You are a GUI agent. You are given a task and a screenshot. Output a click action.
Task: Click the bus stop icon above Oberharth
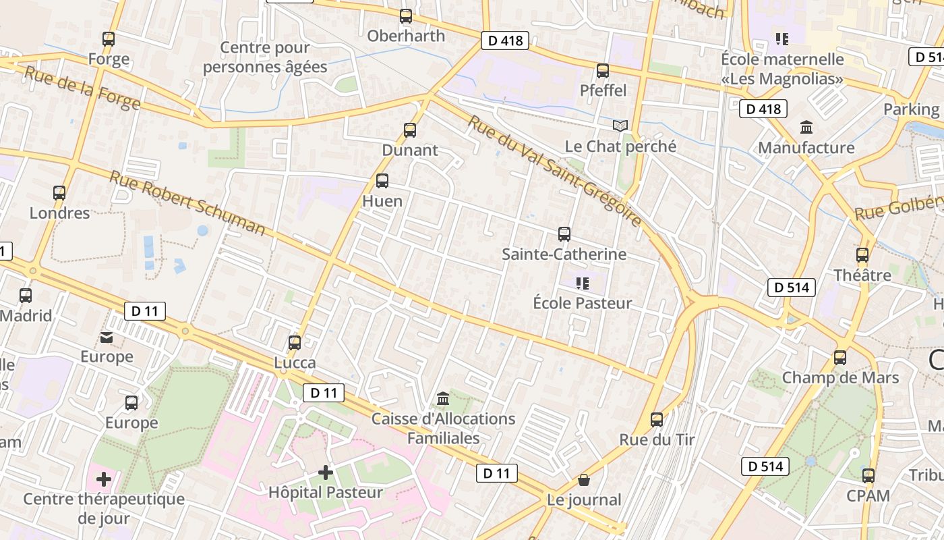406,16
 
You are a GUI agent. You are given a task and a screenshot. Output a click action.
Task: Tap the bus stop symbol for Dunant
410,130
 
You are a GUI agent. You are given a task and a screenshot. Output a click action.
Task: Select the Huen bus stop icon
382,181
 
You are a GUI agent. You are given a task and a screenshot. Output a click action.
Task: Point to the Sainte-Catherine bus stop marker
564,234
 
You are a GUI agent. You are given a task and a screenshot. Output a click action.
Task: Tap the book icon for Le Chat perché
620,126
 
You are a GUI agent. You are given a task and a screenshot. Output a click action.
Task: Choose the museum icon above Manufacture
806,127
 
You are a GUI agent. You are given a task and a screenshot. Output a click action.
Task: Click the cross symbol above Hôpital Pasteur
326,473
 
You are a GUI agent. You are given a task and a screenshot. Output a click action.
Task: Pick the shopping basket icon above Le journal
584,480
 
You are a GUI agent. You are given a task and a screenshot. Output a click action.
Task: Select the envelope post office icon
107,337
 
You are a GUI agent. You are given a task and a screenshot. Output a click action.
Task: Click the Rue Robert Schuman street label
187,203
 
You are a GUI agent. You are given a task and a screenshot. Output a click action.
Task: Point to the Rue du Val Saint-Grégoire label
554,171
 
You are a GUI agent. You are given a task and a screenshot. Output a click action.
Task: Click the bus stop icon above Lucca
295,342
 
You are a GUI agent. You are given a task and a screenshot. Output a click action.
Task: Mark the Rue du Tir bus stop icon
657,420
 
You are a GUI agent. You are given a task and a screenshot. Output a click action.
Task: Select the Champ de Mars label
840,377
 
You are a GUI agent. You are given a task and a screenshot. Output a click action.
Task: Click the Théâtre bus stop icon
862,255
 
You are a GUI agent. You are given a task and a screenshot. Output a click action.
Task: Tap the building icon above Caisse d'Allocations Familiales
443,399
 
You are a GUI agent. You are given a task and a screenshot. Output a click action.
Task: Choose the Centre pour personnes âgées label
265,57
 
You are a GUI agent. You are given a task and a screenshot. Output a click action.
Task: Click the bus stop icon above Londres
59,193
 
